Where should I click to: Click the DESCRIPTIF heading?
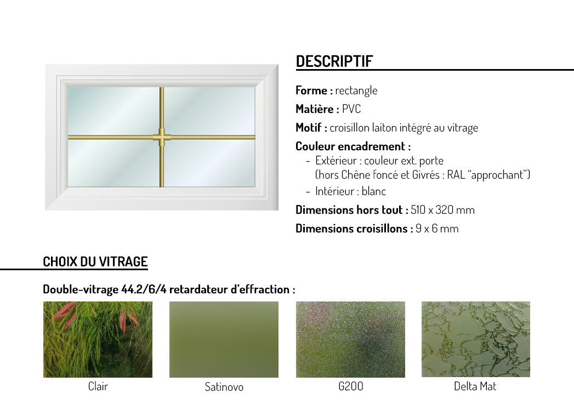[x=334, y=61]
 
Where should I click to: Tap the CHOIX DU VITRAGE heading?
[x=95, y=261]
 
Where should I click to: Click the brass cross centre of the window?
[x=162, y=137]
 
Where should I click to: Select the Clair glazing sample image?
[x=98, y=339]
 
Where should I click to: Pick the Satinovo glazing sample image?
[x=224, y=339]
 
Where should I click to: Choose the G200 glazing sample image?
[x=350, y=339]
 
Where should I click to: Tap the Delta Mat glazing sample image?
[x=475, y=339]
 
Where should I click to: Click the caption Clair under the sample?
[x=98, y=386]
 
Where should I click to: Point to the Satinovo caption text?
[x=224, y=386]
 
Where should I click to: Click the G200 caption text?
[x=351, y=386]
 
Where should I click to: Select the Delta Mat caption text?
[x=475, y=386]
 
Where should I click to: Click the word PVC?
[x=351, y=109]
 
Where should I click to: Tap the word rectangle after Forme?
[x=356, y=90]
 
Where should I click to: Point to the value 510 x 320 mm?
[x=442, y=210]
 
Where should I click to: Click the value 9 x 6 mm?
[x=437, y=229]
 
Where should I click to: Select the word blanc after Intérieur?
[x=374, y=191]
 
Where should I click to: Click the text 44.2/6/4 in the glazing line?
[x=144, y=289]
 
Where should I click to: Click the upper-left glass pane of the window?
[x=114, y=111]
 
